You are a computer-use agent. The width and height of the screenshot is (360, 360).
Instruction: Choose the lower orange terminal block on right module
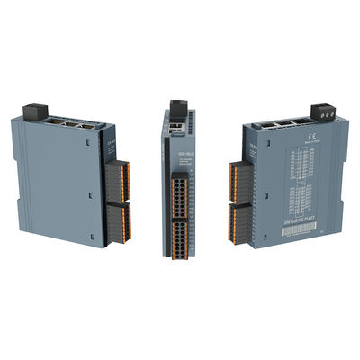(238, 220)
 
